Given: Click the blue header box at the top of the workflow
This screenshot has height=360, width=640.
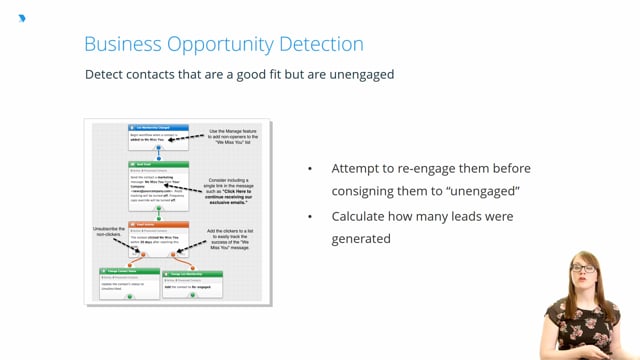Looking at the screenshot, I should pyautogui.click(x=158, y=128).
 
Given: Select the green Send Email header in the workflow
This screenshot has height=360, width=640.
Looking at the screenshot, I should pyautogui.click(x=158, y=165).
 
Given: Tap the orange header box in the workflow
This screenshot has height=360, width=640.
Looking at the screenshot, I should pyautogui.click(x=158, y=226).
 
